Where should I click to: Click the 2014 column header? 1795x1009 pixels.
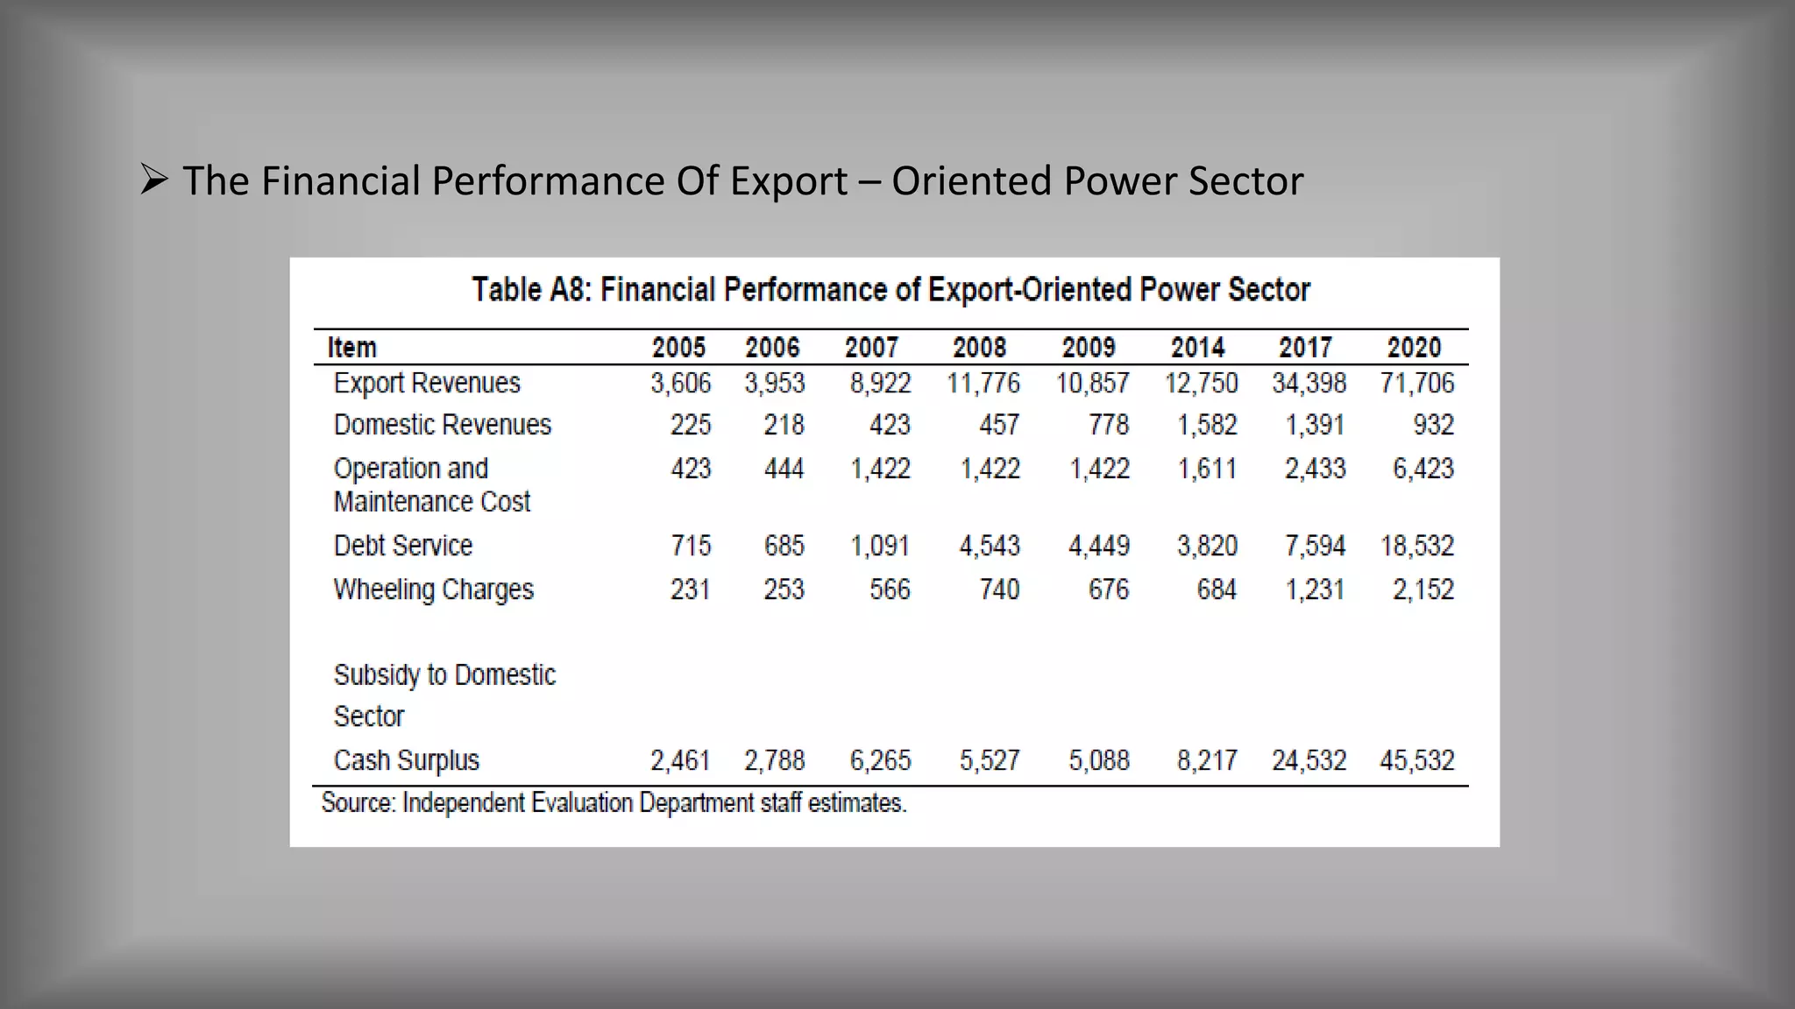[1197, 348]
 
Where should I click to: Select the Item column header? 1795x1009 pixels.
[351, 348]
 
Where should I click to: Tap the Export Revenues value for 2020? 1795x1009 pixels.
[1416, 384]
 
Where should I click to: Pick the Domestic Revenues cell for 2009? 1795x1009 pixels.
[1108, 426]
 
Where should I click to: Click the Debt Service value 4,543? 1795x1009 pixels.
[990, 547]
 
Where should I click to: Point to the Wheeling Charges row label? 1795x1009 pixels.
[433, 589]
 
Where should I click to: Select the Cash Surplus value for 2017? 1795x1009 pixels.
[1309, 760]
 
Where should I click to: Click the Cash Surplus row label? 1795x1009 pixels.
[406, 760]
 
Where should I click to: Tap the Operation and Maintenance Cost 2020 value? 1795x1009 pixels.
[1423, 469]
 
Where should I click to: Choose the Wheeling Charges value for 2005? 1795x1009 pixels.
[690, 589]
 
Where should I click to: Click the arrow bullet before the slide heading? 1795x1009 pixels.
[153, 181]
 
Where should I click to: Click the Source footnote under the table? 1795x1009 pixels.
[614, 803]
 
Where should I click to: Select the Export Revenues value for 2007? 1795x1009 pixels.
[880, 384]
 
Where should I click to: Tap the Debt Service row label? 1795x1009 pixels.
[402, 547]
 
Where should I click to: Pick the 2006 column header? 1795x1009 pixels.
[772, 348]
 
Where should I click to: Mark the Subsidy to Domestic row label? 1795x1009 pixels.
[444, 675]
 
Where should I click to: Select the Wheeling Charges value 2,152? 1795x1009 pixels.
[1423, 589]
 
